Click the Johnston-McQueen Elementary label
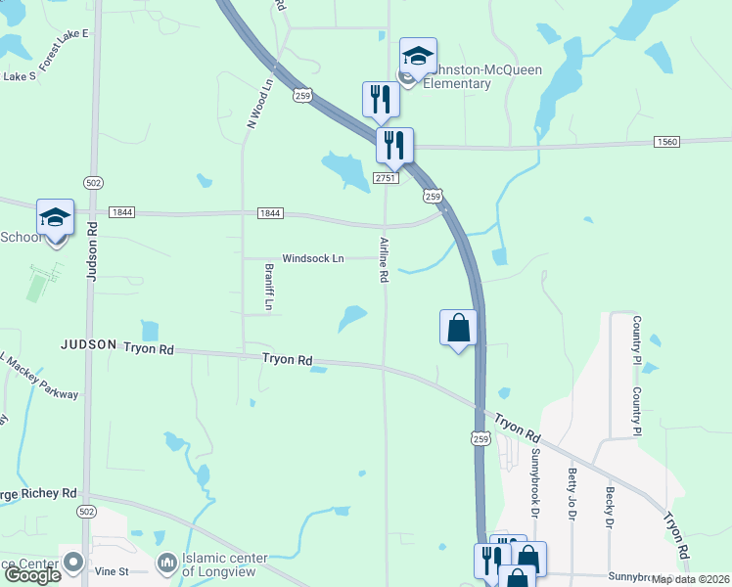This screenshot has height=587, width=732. click(x=450, y=76)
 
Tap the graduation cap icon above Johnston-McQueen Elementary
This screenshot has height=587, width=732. click(x=418, y=57)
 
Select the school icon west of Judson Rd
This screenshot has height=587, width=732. click(x=55, y=218)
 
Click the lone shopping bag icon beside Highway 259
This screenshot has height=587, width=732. click(x=458, y=328)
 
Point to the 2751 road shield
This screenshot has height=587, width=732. click(x=386, y=178)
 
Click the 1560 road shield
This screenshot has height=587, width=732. click(x=666, y=142)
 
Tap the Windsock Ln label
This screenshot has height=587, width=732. click(x=313, y=259)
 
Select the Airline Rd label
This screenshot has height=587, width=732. click(x=384, y=259)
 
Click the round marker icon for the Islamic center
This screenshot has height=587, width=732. click(x=167, y=564)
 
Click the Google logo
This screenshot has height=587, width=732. click(x=31, y=575)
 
